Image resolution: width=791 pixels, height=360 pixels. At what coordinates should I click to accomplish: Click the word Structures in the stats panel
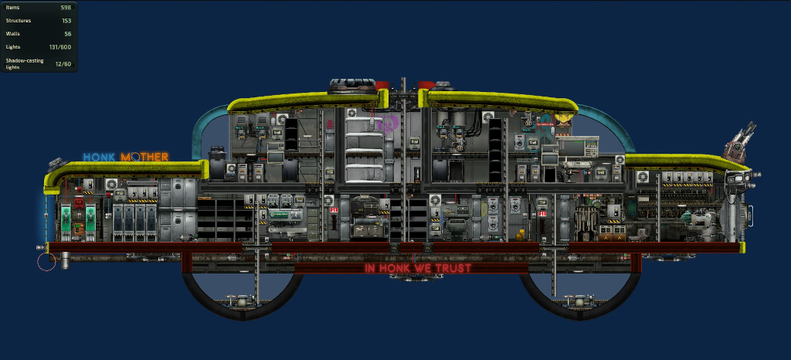click(x=19, y=20)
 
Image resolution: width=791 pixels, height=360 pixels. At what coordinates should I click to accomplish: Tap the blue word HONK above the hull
click(x=99, y=157)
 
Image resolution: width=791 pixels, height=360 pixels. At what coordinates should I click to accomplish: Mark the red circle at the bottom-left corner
click(x=46, y=261)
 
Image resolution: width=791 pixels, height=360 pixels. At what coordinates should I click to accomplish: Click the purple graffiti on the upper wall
click(x=388, y=122)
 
